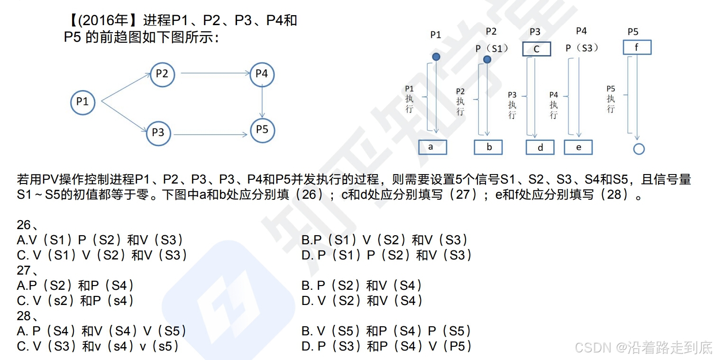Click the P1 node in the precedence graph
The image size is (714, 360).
pyautogui.click(x=82, y=102)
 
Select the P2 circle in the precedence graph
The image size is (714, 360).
pyautogui.click(x=162, y=74)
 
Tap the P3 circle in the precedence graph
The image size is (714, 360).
pyautogui.click(x=158, y=133)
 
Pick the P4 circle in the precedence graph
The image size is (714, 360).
pyautogui.click(x=262, y=74)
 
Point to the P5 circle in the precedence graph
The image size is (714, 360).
pyautogui.click(x=262, y=129)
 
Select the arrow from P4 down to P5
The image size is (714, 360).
pyautogui.click(x=262, y=102)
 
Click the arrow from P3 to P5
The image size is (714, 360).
pyautogui.click(x=210, y=135)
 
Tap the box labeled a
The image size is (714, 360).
pyautogui.click(x=432, y=147)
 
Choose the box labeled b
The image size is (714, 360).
pyautogui.click(x=488, y=147)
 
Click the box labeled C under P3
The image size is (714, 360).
pyautogui.click(x=537, y=49)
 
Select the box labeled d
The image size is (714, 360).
pyautogui.click(x=540, y=148)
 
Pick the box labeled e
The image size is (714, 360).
pyautogui.click(x=578, y=147)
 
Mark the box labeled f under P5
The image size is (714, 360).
pyautogui.click(x=637, y=47)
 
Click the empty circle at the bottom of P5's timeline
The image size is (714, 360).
pyautogui.click(x=639, y=149)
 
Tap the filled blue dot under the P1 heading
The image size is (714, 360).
pyautogui.click(x=436, y=57)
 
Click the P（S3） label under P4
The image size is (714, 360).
pyautogui.click(x=582, y=48)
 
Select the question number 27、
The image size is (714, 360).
pyautogui.click(x=27, y=271)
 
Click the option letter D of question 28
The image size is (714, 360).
pyautogui.click(x=307, y=347)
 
